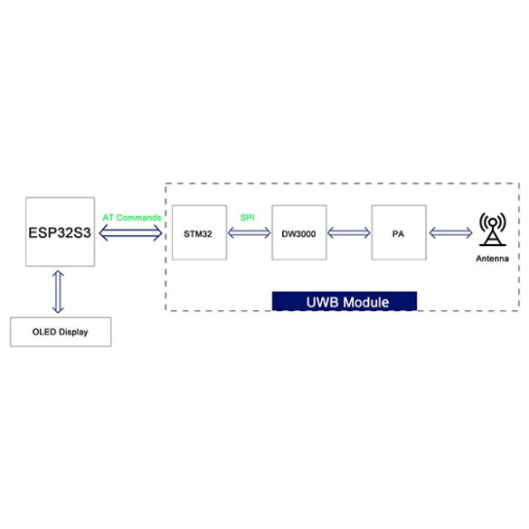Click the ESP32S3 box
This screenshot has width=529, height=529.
click(x=60, y=231)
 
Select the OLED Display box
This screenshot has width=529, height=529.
click(x=61, y=332)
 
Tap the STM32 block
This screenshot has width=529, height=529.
click(x=199, y=232)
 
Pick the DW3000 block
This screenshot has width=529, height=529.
click(x=299, y=232)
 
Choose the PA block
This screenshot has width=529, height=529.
click(x=399, y=232)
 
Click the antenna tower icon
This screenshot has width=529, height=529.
click(x=493, y=229)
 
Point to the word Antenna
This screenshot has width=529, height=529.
click(x=492, y=259)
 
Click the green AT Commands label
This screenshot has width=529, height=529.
click(x=132, y=218)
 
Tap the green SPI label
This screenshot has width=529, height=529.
click(x=247, y=218)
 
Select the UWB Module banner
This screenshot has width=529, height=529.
click(x=345, y=301)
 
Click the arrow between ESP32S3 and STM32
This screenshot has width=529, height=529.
click(x=130, y=232)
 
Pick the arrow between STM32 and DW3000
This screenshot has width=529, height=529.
click(x=249, y=232)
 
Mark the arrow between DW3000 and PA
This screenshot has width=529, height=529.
click(x=349, y=232)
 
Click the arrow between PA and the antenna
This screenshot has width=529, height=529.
click(x=450, y=232)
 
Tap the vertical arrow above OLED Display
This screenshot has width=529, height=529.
click(x=58, y=292)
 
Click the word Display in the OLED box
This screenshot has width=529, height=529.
click(x=74, y=332)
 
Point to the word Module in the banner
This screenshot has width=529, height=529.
click(x=366, y=302)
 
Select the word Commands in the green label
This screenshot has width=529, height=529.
click(x=138, y=218)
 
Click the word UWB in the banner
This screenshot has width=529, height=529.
click(x=322, y=302)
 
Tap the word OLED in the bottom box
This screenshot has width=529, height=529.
click(x=44, y=332)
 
